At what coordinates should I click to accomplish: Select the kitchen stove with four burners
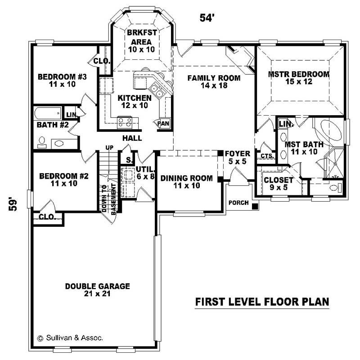124,121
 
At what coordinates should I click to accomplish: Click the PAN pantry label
162,123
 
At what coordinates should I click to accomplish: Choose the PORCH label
238,202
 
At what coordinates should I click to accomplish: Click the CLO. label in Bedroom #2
47,217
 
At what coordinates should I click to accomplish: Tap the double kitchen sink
157,91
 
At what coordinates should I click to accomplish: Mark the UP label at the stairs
109,148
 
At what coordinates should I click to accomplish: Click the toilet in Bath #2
42,142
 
